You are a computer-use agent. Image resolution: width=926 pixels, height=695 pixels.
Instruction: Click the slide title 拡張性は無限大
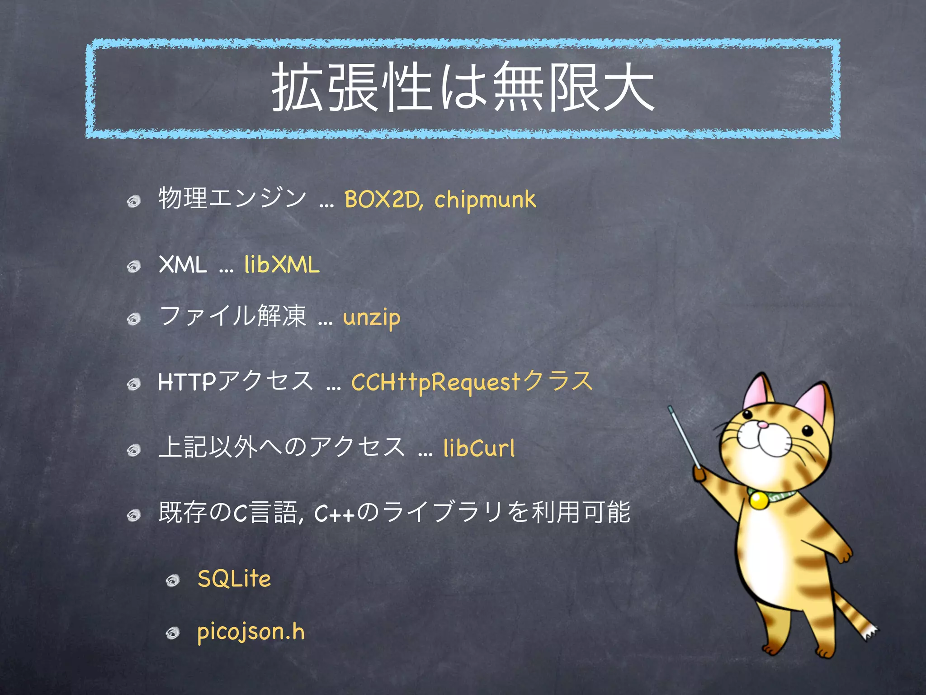(x=463, y=87)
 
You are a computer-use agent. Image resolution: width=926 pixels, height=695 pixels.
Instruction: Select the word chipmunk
(x=485, y=200)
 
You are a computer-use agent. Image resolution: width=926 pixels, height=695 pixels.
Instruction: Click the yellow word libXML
(x=282, y=265)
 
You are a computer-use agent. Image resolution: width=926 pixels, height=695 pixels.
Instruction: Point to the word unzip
(x=372, y=318)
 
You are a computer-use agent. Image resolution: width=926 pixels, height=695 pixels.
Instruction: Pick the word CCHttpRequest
(x=436, y=382)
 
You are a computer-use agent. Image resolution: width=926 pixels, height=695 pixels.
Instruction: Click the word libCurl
(x=479, y=448)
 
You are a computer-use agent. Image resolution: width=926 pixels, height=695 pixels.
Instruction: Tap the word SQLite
(x=234, y=579)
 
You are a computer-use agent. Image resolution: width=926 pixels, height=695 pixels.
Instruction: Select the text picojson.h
(x=251, y=632)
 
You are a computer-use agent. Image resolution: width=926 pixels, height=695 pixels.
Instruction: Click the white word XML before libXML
(x=183, y=265)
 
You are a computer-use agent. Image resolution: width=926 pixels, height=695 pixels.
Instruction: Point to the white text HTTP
(x=187, y=382)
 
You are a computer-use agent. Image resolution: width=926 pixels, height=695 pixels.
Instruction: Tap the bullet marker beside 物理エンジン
(x=134, y=201)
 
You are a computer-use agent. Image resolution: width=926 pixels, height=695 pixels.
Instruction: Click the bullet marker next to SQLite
(x=173, y=581)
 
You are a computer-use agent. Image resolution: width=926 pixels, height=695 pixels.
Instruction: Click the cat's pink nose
(x=762, y=425)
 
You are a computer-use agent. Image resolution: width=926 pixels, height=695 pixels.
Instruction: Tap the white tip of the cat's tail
(x=870, y=633)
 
